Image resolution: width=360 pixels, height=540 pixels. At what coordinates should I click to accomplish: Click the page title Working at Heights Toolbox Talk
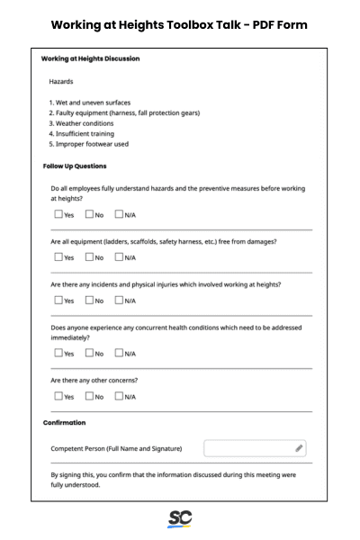click(x=179, y=24)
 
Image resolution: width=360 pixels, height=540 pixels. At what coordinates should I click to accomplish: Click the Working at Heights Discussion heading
click(x=90, y=59)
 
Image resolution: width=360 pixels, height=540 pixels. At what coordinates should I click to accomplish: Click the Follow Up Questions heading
click(x=75, y=166)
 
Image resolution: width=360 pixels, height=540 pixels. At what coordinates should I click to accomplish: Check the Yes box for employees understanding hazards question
click(x=58, y=215)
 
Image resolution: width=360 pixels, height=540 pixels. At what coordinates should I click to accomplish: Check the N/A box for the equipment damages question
click(x=119, y=257)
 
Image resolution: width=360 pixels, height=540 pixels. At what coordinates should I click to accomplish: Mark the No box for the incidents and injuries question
click(x=89, y=301)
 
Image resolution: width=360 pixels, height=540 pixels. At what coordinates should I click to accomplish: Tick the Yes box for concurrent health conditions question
click(x=58, y=354)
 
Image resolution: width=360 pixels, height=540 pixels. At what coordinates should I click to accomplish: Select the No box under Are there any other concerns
click(x=89, y=396)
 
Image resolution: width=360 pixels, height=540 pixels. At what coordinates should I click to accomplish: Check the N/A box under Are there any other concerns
click(x=119, y=396)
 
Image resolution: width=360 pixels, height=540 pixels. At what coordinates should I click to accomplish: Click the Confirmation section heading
click(x=64, y=422)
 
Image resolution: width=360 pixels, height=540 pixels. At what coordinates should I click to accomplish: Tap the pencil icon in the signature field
click(x=299, y=448)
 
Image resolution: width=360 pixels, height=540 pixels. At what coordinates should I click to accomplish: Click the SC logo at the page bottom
click(x=179, y=519)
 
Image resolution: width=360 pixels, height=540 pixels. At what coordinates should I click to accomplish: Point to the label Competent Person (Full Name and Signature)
click(x=116, y=448)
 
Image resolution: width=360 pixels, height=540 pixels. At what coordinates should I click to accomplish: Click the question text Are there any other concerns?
click(x=94, y=380)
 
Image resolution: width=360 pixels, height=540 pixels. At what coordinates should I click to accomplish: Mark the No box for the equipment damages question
click(x=89, y=257)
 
